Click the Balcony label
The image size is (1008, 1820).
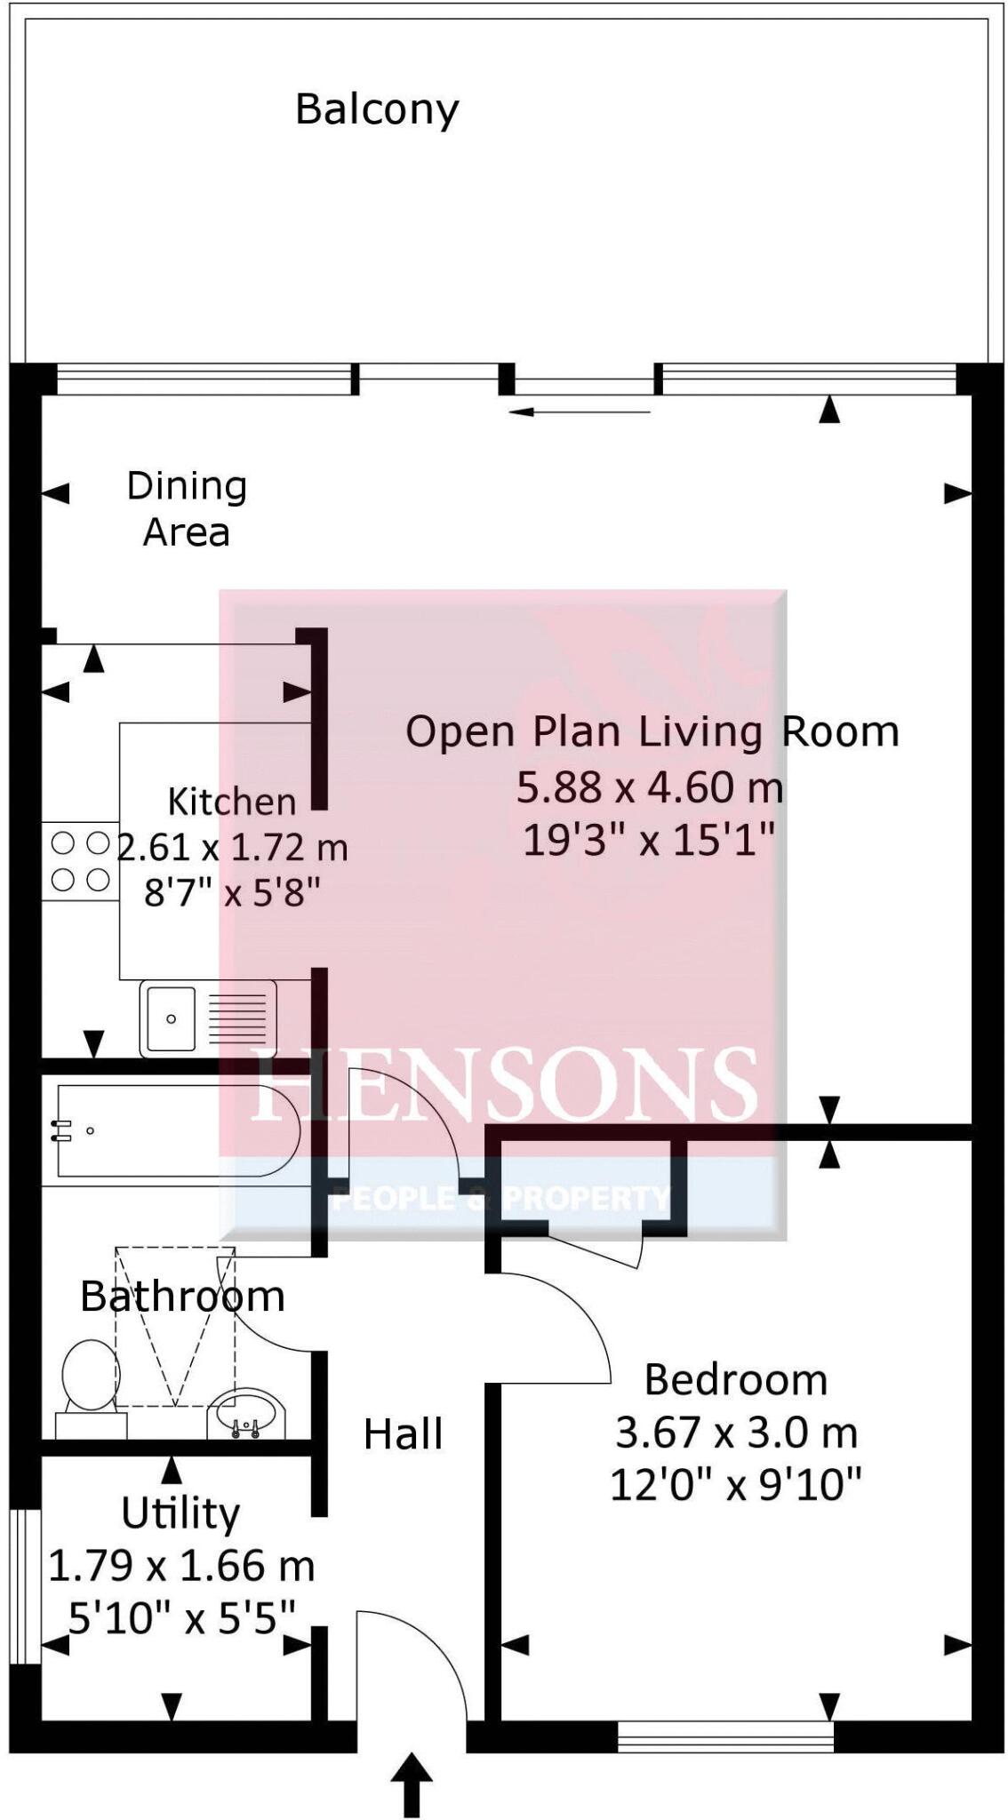(377, 110)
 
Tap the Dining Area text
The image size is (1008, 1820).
(187, 509)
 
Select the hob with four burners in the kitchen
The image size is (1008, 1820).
(80, 861)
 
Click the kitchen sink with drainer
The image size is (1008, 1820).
(208, 1018)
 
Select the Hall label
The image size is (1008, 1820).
(403, 1434)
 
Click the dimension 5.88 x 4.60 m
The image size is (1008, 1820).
(651, 787)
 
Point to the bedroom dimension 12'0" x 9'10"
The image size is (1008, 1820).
(736, 1485)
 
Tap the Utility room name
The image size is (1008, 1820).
(180, 1513)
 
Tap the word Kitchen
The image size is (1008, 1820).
(232, 802)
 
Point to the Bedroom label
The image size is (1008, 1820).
(736, 1380)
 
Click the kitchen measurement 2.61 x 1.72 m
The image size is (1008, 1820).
(233, 848)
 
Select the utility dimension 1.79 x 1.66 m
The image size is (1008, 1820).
(181, 1566)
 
